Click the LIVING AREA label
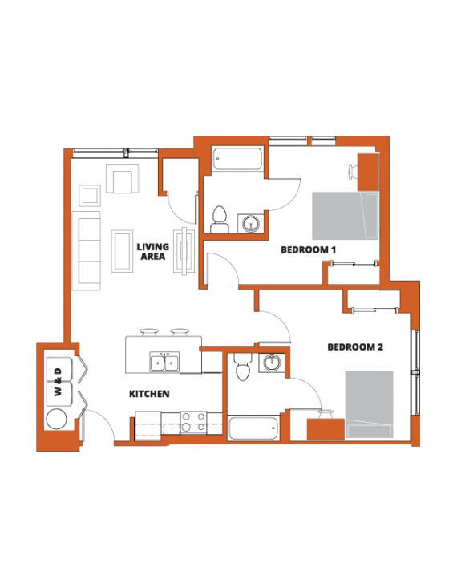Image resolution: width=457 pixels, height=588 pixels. click(x=153, y=251)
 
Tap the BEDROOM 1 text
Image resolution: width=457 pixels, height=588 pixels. click(x=308, y=249)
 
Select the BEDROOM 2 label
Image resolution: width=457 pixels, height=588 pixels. click(x=355, y=347)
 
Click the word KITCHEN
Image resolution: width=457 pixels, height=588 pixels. click(x=149, y=394)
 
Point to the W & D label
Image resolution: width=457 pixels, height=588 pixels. click(x=58, y=382)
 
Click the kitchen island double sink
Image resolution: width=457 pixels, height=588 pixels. click(x=164, y=363)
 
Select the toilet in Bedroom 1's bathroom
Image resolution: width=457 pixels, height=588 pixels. click(x=220, y=220)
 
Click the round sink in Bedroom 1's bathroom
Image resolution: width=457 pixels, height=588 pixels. click(x=250, y=223)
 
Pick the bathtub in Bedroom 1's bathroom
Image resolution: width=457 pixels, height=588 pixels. click(x=237, y=160)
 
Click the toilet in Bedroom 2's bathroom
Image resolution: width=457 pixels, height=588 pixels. click(x=243, y=367)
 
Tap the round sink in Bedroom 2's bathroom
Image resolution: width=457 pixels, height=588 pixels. click(x=271, y=363)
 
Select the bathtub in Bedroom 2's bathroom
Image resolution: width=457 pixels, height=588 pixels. click(x=254, y=428)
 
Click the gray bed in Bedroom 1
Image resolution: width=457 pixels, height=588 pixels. click(x=346, y=216)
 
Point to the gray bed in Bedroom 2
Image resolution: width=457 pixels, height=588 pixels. click(x=370, y=404)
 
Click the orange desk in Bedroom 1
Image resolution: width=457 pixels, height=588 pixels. click(x=368, y=172)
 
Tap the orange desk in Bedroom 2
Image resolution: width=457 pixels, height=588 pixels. click(x=326, y=429)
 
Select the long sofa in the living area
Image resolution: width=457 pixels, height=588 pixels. click(x=87, y=250)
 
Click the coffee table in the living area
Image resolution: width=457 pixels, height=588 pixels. click(x=122, y=251)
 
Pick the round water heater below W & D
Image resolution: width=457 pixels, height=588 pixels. click(x=57, y=419)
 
